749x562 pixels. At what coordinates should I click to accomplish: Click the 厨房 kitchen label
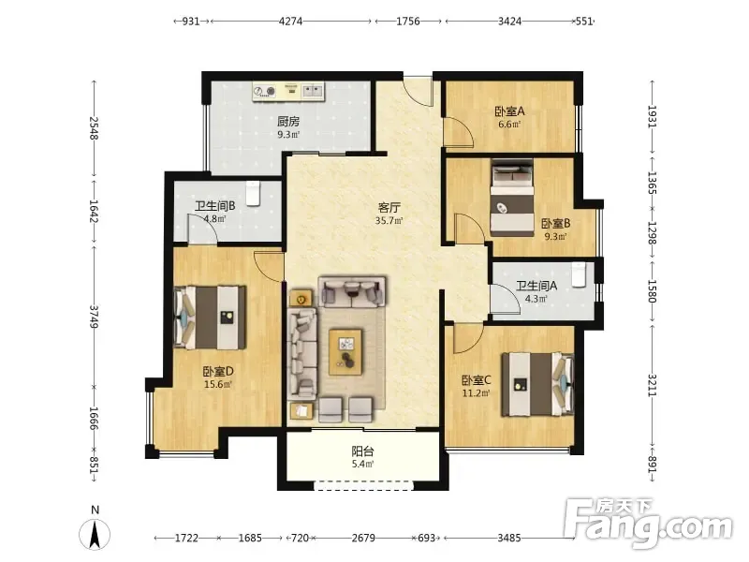pos(288,122)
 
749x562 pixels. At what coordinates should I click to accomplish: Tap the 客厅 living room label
pos(389,207)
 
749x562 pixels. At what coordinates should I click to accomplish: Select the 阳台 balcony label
pos(362,451)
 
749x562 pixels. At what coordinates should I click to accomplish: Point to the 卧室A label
pos(509,111)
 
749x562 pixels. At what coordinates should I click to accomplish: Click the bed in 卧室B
pos(512,198)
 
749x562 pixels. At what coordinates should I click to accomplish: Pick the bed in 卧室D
pos(210,318)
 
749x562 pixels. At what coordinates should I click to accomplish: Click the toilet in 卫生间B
pos(253,193)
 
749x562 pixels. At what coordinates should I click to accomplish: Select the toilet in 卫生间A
pos(579,274)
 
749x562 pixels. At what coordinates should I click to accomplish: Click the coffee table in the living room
pos(345,352)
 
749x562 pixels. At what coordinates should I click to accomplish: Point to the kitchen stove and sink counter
pos(289,91)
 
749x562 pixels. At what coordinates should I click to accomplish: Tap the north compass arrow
pos(95,534)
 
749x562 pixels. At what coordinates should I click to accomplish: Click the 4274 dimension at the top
pos(290,22)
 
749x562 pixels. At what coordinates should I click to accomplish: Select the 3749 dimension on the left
pos(94,317)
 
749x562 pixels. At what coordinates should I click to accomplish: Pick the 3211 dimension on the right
pos(652,385)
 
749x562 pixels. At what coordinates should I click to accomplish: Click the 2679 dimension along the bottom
pos(363,538)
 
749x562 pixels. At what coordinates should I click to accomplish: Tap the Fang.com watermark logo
pos(648,524)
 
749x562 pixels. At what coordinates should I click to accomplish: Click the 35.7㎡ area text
pos(389,221)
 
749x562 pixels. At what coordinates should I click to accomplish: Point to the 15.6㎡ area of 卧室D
pos(218,384)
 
